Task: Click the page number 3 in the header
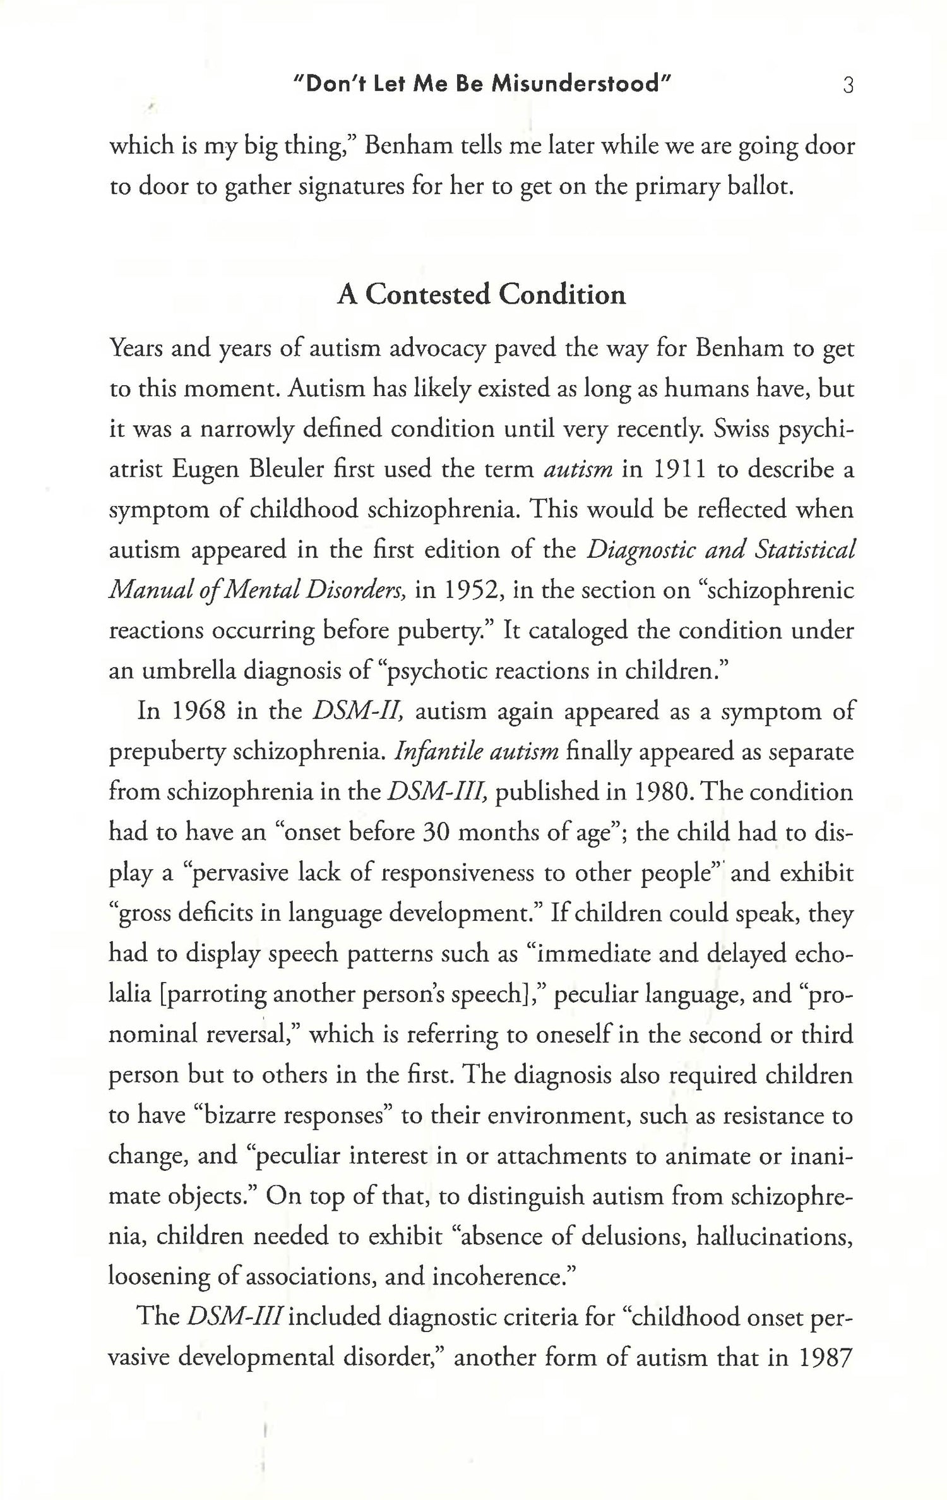[848, 85]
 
